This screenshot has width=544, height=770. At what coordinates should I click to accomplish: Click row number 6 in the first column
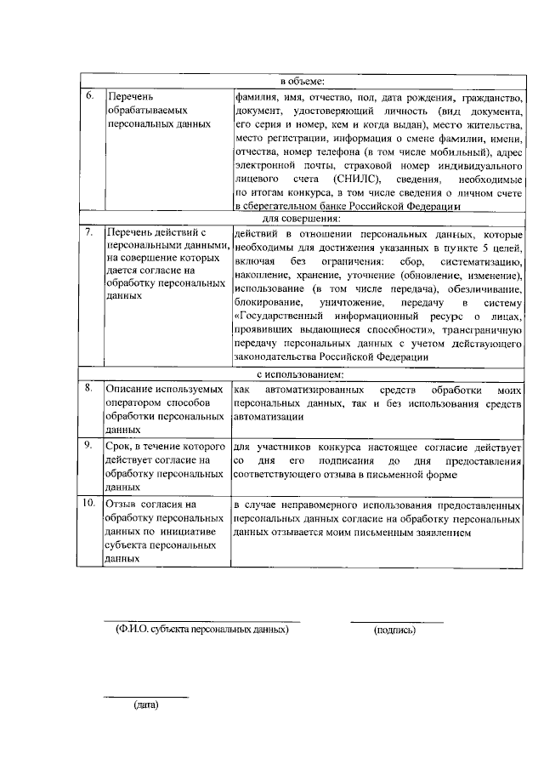pos(89,96)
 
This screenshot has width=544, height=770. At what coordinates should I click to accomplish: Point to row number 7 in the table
pos(89,232)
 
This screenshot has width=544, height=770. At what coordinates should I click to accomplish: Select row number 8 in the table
pos(89,388)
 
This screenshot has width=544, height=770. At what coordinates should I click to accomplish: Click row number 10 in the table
pos(89,504)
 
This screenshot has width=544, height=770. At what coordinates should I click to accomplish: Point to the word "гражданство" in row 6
pos(490,98)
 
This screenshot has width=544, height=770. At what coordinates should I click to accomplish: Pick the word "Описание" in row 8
pos(127,388)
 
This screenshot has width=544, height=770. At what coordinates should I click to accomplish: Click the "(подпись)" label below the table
pos(394,630)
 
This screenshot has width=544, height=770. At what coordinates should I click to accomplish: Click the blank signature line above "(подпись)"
pos(396,622)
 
